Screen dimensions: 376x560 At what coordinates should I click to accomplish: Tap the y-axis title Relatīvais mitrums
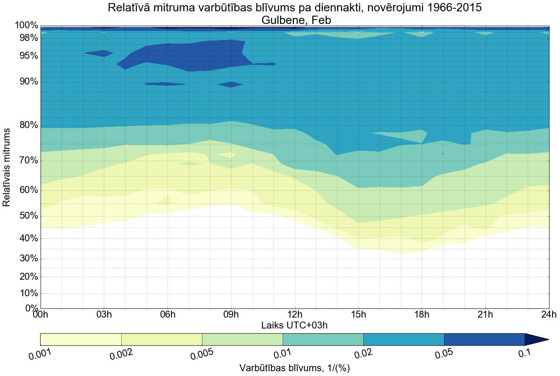point(7,167)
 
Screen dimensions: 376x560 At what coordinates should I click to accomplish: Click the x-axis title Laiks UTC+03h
point(295,325)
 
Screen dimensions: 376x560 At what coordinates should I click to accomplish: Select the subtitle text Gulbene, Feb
point(295,20)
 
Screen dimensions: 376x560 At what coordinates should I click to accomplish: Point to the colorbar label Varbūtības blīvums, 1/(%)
point(295,368)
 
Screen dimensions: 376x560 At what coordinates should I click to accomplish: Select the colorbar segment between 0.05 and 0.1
point(484,339)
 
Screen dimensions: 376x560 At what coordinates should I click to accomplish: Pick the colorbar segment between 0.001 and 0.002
point(81,339)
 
